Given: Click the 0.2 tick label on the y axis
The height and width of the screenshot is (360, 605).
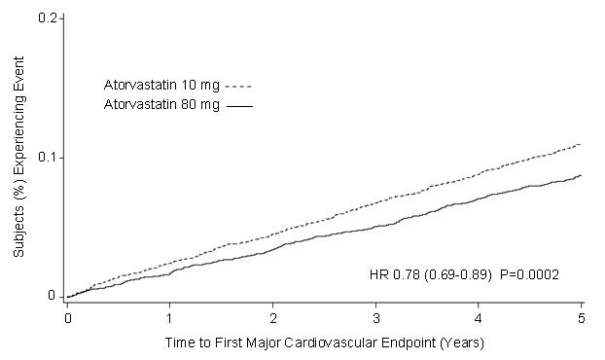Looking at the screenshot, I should pyautogui.click(x=47, y=18).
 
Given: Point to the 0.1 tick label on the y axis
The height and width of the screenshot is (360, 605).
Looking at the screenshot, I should pyautogui.click(x=47, y=158).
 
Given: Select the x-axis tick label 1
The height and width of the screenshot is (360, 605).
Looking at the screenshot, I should pyautogui.click(x=170, y=318).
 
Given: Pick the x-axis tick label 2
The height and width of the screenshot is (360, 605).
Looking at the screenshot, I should pyautogui.click(x=273, y=318).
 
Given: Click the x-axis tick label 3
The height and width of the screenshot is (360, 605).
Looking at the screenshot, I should pyautogui.click(x=375, y=318).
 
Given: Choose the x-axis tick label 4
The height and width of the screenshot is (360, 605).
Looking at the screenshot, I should pyautogui.click(x=479, y=318).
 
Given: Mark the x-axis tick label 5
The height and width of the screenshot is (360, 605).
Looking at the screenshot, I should pyautogui.click(x=581, y=318).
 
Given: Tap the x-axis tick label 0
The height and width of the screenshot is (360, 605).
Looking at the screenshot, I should pyautogui.click(x=67, y=318).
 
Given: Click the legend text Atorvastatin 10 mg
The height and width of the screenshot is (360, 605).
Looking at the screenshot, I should pyautogui.click(x=161, y=84).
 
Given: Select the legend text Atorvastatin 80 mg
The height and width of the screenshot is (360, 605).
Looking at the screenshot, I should pyautogui.click(x=161, y=104).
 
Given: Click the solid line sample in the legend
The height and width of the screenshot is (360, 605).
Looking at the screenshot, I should pyautogui.click(x=239, y=105).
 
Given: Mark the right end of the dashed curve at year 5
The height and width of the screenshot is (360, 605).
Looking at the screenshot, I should pyautogui.click(x=581, y=144).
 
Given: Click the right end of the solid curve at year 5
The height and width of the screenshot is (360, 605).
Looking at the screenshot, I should pyautogui.click(x=581, y=175).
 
